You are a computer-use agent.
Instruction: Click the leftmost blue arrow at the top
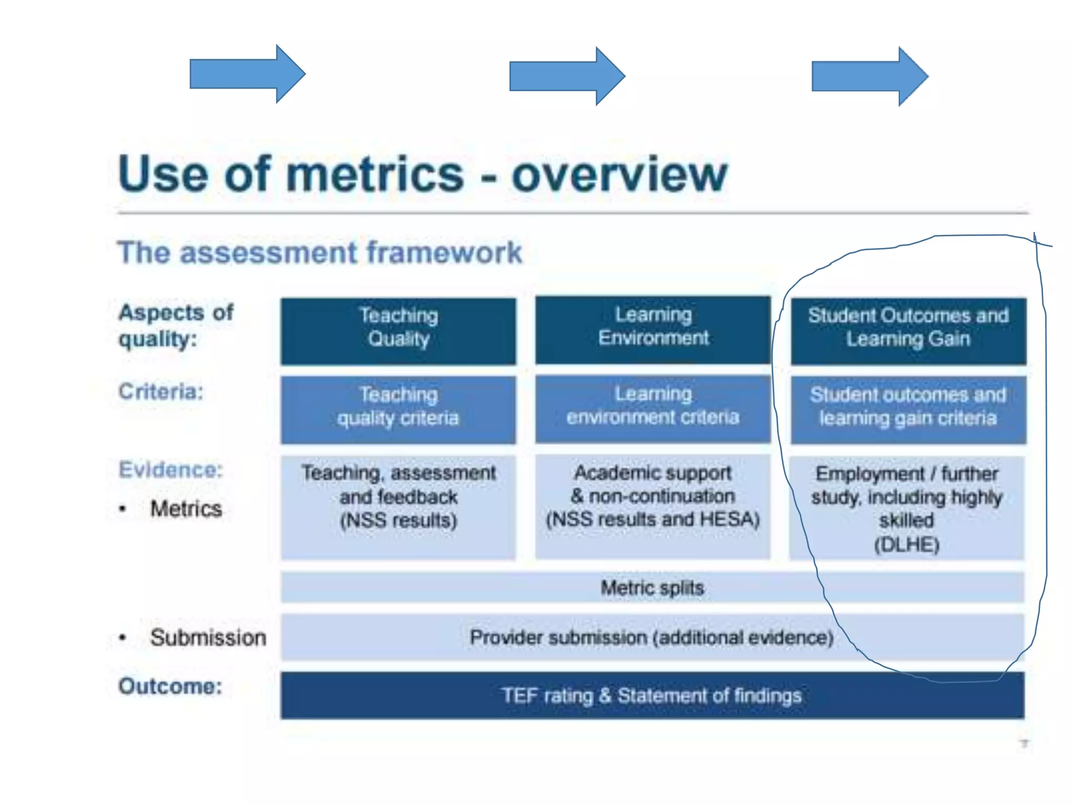[246, 74]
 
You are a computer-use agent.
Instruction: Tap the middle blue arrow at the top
[566, 76]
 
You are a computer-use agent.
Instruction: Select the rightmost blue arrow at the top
[869, 77]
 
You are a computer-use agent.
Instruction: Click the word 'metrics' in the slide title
[375, 175]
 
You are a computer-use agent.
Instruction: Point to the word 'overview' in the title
[619, 175]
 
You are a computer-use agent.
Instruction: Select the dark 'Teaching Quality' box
[398, 331]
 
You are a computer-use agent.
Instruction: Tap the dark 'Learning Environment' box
[653, 330]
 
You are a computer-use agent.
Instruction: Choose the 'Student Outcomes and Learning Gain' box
[908, 331]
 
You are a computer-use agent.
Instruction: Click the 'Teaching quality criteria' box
[398, 409]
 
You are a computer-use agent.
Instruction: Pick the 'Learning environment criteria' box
[653, 409]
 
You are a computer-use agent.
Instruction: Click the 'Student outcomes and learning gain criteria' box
[908, 409]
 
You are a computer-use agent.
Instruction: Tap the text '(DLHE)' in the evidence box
[906, 545]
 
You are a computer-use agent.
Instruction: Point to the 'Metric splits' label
[652, 588]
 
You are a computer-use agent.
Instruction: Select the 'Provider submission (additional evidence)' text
[651, 637]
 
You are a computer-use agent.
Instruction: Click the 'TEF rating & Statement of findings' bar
[652, 695]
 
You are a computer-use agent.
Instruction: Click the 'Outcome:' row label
[170, 686]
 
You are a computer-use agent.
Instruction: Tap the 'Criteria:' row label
[161, 391]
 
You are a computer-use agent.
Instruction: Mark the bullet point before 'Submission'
[123, 638]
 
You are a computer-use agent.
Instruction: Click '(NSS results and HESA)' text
[652, 519]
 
